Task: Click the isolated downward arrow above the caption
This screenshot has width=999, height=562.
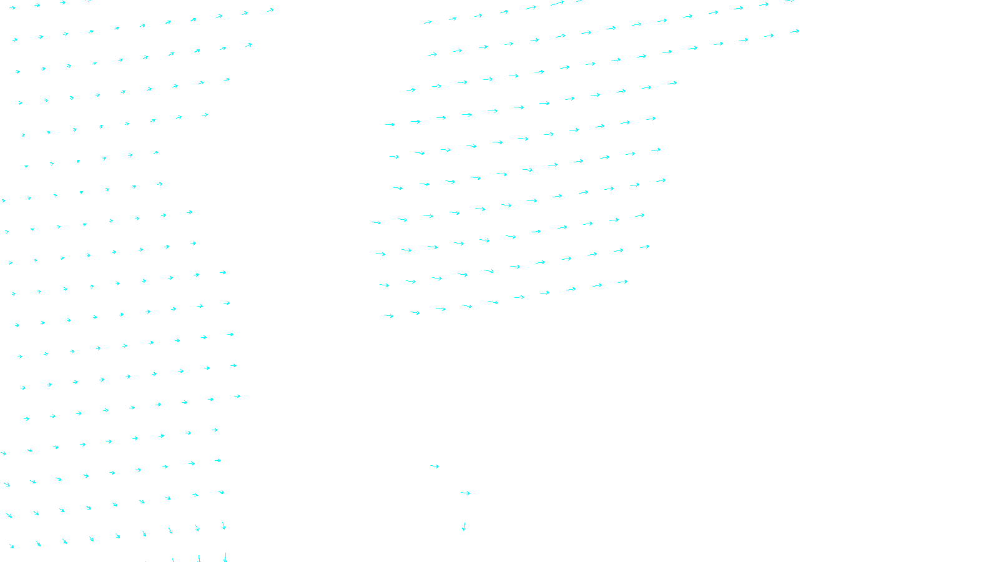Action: click(464, 526)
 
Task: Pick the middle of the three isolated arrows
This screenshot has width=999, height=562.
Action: click(465, 493)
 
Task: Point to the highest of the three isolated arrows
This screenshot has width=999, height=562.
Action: click(435, 466)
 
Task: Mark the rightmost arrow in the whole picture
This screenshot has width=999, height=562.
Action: click(794, 31)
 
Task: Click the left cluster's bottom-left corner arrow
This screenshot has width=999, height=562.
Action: click(11, 546)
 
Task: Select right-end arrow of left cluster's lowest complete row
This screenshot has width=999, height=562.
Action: click(224, 526)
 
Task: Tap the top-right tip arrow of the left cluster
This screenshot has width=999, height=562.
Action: click(270, 10)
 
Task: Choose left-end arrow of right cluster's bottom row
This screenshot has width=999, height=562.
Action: click(388, 315)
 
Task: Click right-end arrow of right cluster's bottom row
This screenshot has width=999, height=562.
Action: click(623, 282)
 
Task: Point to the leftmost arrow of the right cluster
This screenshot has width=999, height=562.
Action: click(376, 222)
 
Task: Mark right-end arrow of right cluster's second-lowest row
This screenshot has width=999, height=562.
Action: click(644, 247)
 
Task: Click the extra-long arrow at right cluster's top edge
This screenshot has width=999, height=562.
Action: click(557, 4)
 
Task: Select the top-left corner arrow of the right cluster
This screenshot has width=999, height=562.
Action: click(428, 22)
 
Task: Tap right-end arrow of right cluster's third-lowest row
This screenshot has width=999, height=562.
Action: click(639, 215)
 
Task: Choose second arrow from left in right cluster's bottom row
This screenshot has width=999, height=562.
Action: click(415, 312)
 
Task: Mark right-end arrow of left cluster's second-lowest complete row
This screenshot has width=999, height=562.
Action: click(221, 492)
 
